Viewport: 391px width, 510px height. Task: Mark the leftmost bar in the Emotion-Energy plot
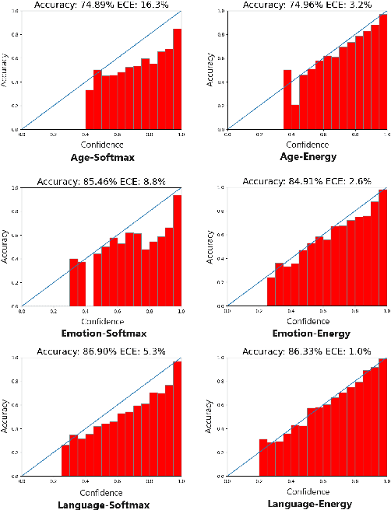271,292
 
